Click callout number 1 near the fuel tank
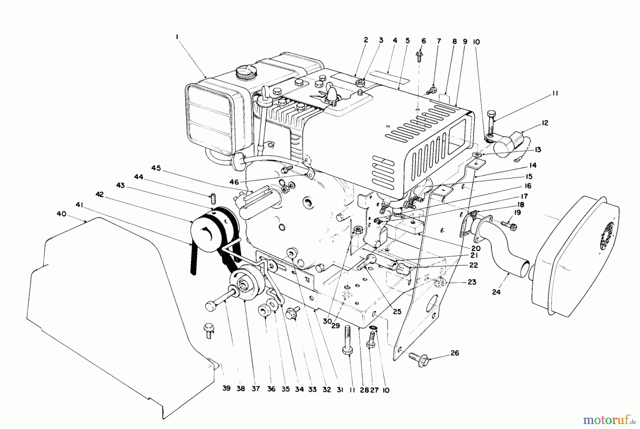pyautogui.click(x=177, y=37)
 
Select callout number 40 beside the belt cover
pyautogui.click(x=62, y=214)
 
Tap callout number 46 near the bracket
pyautogui.click(x=234, y=182)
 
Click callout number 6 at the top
pyautogui.click(x=423, y=41)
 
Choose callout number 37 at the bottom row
pyautogui.click(x=256, y=389)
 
